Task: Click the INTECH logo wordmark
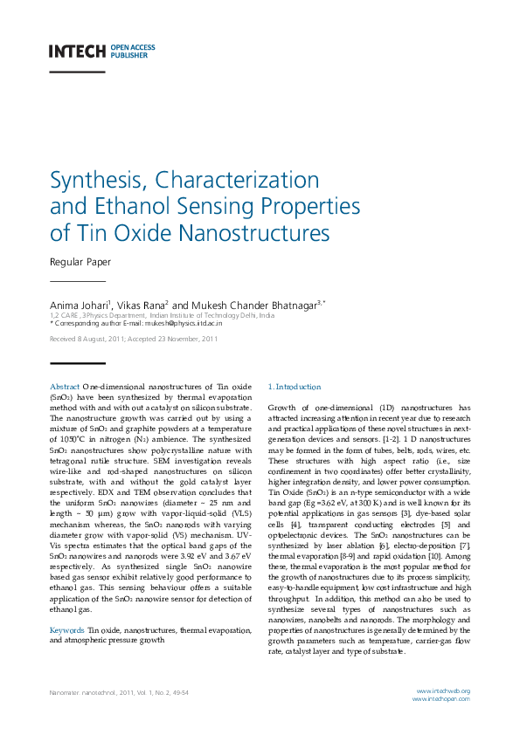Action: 77,51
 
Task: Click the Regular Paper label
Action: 80,262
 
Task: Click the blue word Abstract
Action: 65,386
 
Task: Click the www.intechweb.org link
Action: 442,691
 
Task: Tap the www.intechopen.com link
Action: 441,699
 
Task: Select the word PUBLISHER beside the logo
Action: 129,54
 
